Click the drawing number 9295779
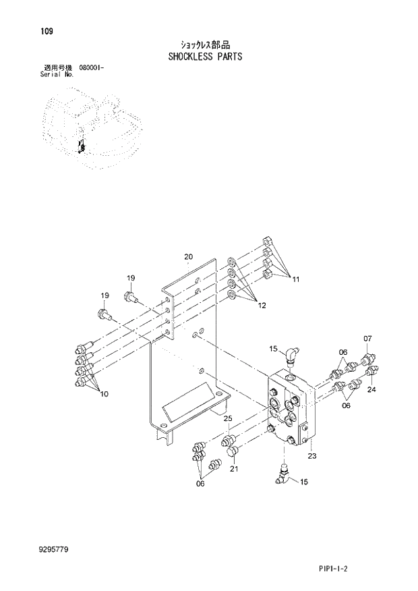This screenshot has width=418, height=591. (x=54, y=551)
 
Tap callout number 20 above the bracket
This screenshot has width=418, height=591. (x=189, y=256)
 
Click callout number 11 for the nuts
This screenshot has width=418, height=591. (x=295, y=280)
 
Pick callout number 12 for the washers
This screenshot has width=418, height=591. (x=262, y=306)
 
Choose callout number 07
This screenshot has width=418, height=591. (x=367, y=339)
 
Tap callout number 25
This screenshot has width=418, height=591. (x=227, y=420)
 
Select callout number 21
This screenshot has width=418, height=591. (x=234, y=469)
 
